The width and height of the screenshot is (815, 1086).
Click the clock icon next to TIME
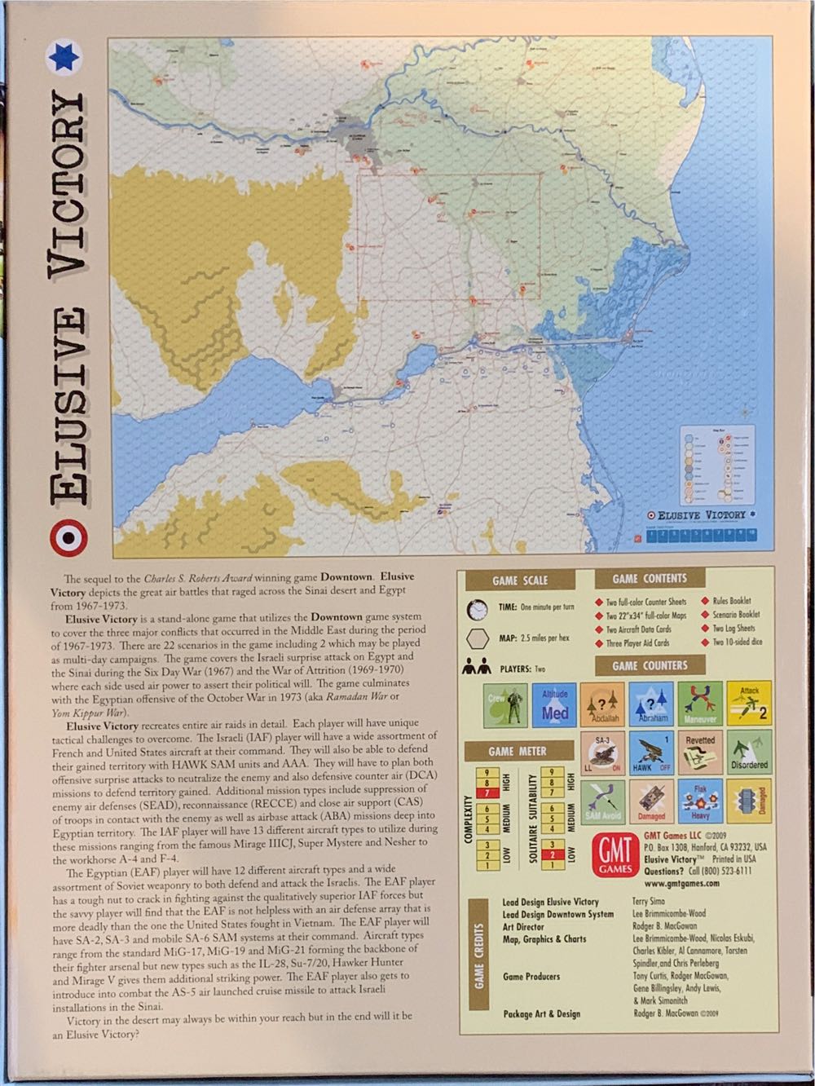pyautogui.click(x=478, y=608)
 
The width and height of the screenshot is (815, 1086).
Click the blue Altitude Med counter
pyautogui.click(x=554, y=705)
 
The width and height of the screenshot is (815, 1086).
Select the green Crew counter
pyautogui.click(x=506, y=705)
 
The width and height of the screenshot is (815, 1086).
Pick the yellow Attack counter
pyautogui.click(x=749, y=704)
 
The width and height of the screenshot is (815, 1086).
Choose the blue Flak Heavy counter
pyautogui.click(x=700, y=802)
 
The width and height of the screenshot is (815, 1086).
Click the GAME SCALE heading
pyautogui.click(x=520, y=581)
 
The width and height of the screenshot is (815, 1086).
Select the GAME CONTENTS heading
pyautogui.click(x=650, y=579)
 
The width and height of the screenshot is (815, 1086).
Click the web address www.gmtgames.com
pyautogui.click(x=681, y=883)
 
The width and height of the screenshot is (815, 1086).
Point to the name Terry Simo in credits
pyautogui.click(x=649, y=902)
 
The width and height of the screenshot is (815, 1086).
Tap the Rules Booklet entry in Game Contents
pyautogui.click(x=731, y=601)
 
